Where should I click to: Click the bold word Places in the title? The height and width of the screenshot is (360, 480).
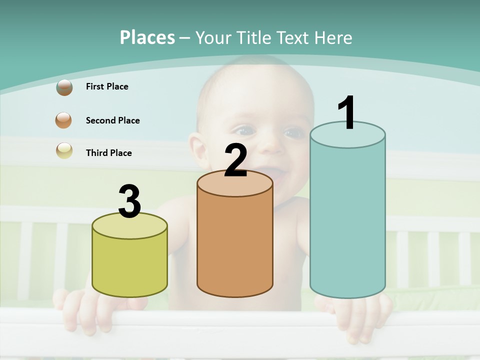[147, 37]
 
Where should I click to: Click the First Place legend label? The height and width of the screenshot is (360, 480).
[107, 86]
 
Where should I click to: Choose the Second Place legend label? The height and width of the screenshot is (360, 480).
[112, 120]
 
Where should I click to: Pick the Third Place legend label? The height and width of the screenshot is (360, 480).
[108, 153]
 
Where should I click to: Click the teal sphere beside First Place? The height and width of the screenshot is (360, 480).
[64, 87]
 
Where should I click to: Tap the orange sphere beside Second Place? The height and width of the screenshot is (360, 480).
[64, 120]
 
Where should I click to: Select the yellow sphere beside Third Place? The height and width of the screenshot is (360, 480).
[64, 150]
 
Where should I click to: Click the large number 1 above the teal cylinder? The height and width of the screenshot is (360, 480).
[347, 113]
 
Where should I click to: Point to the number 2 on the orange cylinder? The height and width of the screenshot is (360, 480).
[235, 161]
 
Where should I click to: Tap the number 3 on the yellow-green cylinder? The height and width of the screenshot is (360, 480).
[129, 202]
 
